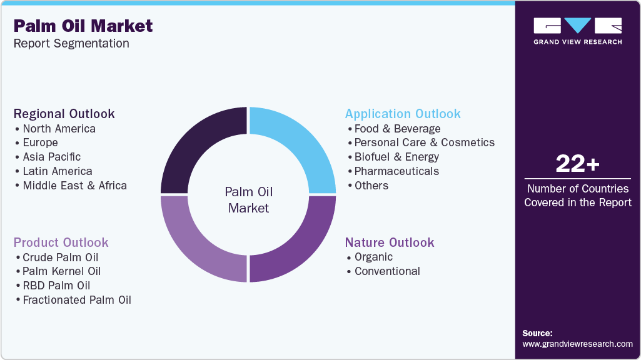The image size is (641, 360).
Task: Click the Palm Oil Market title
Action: pos(83,26)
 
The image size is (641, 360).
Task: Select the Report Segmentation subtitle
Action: pos(71,44)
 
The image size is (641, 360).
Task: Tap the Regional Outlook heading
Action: pos(64,114)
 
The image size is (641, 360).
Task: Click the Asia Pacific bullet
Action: pos(51,157)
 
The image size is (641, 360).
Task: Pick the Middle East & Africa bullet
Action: pos(74,186)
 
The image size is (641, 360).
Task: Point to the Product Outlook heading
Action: pos(61,242)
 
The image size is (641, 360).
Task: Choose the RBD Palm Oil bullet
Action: pos(56,286)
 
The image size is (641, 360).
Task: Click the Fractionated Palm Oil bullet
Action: pos(76,300)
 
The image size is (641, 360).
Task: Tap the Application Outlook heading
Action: pos(403,114)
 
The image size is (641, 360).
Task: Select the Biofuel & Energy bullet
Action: pos(396,157)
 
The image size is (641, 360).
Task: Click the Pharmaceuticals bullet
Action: pos(396,171)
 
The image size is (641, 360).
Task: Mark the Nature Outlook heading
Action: pos(389,242)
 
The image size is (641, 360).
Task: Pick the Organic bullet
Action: pos(373,257)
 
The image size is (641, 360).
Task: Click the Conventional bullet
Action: pos(387,271)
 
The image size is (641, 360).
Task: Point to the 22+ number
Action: pos(577,164)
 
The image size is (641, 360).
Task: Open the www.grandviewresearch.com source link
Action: pos(577,344)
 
